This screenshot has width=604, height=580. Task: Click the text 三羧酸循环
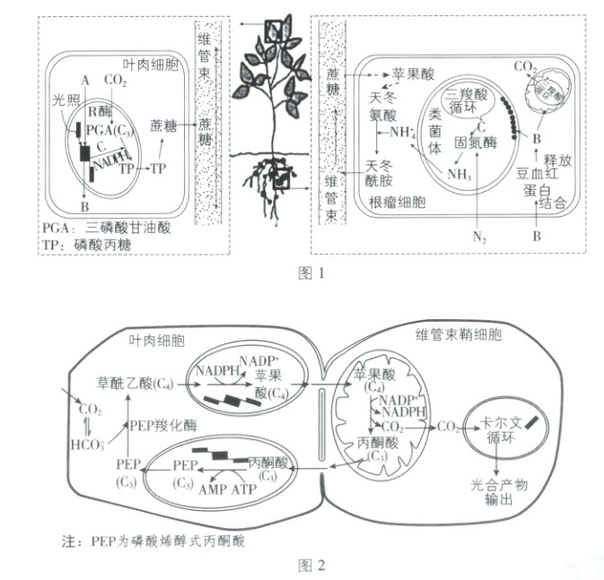(472, 99)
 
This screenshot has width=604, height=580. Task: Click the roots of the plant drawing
(268, 184)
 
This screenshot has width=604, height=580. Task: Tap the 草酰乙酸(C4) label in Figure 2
(135, 384)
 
